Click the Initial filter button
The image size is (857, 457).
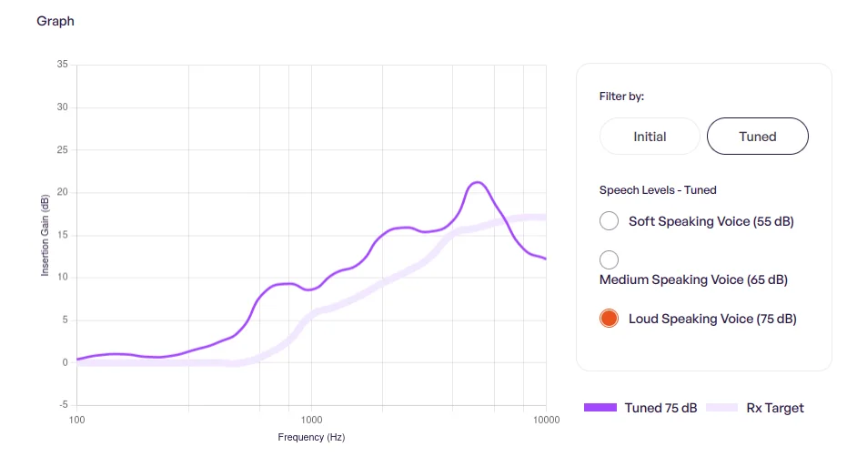[x=650, y=137]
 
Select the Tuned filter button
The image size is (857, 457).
[x=758, y=137]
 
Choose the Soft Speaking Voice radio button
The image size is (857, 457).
[x=609, y=221]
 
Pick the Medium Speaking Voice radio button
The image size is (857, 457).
[x=609, y=259]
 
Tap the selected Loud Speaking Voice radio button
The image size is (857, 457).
[x=609, y=318]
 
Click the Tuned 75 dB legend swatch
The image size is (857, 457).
[x=600, y=407]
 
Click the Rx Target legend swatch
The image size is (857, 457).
[x=722, y=407]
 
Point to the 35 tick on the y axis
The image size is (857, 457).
[x=62, y=64]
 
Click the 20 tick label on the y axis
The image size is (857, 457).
[x=62, y=192]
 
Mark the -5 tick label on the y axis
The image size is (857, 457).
[x=64, y=404]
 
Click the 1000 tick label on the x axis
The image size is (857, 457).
[x=311, y=420]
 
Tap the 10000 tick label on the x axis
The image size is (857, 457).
[x=547, y=420]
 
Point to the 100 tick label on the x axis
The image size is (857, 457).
[x=77, y=420]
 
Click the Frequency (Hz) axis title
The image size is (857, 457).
[x=311, y=437]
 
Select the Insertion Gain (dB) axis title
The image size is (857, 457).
[x=45, y=235]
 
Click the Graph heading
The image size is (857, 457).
[x=55, y=21]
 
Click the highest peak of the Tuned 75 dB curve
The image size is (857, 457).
[x=478, y=182]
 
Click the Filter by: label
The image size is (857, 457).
[x=621, y=96]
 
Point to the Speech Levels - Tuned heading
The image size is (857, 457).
[x=658, y=189]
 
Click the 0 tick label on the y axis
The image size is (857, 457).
[x=65, y=362]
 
